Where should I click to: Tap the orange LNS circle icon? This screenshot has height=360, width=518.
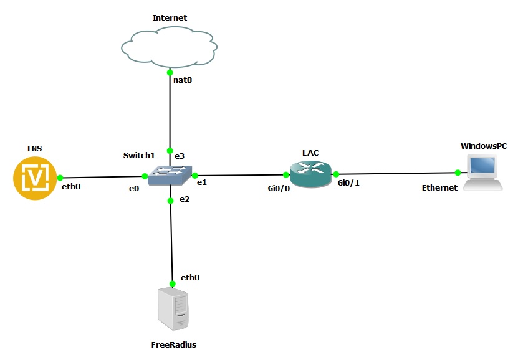36,178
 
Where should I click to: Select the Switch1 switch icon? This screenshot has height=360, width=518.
170,176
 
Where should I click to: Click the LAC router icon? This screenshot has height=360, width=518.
310,174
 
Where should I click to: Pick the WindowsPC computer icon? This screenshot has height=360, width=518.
483,172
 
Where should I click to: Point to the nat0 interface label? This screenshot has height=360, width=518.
182,80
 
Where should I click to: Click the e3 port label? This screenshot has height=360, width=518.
178,154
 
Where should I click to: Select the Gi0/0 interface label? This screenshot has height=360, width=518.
279,188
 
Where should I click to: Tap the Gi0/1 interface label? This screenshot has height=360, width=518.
348,182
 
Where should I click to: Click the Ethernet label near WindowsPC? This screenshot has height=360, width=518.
439,187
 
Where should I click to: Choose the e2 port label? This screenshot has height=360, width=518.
183,199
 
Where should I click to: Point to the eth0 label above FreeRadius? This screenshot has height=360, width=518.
190,277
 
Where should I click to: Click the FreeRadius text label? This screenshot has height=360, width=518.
173,344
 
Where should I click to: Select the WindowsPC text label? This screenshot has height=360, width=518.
483,145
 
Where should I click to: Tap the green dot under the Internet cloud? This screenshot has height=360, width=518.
170,73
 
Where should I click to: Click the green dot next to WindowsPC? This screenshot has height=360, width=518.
458,173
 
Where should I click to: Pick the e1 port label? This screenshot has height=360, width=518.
202,182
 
